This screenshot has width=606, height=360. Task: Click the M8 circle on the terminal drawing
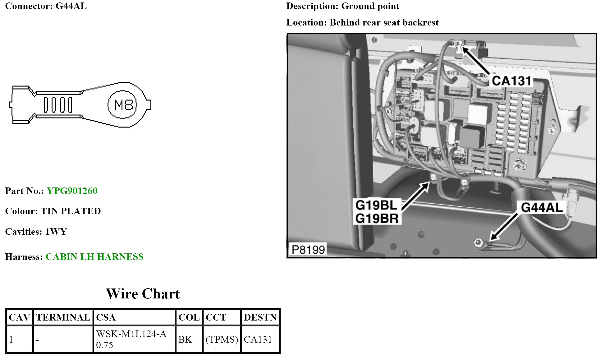coord(122,105)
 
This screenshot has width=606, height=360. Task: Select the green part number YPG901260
coord(72,191)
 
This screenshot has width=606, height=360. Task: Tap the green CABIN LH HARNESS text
coord(94,257)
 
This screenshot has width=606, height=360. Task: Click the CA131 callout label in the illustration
coord(511,81)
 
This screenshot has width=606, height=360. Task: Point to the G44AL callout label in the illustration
coord(542,207)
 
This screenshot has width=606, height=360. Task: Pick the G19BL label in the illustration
coord(376,205)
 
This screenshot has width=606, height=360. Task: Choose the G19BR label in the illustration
coord(377,219)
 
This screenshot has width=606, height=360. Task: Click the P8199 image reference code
coord(308,249)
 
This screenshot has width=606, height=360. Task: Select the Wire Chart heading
coord(143,294)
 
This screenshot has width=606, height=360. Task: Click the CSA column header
coord(106,317)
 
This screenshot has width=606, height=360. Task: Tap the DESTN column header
coord(260,317)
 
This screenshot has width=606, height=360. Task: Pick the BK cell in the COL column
coord(185,339)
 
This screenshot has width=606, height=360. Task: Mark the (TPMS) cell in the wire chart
coord(222,339)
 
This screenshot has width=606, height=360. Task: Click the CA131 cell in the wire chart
coord(258,339)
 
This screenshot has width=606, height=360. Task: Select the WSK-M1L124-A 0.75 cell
coord(131,339)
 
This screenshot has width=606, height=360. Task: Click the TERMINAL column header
coord(63,317)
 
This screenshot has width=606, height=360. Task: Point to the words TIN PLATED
coord(71,211)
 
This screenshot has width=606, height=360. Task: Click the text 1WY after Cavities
coord(56,232)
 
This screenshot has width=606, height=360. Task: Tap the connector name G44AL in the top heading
coord(71,6)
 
